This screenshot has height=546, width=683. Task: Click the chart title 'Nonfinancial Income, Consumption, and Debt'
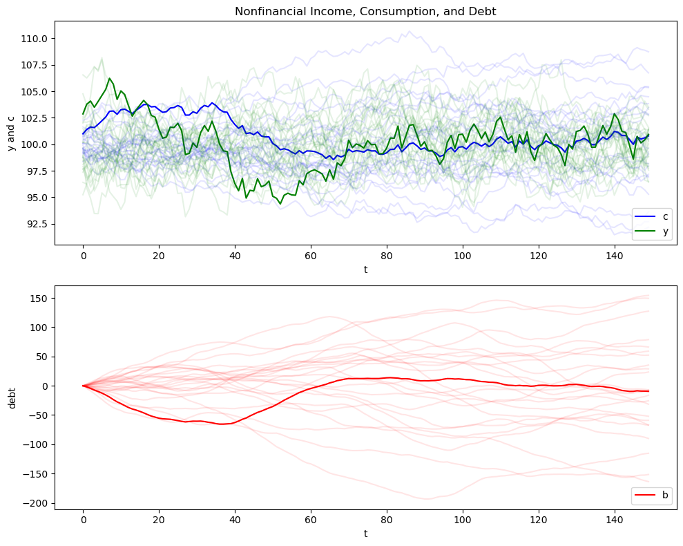coord(365,11)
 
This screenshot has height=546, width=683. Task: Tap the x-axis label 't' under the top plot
coord(365,270)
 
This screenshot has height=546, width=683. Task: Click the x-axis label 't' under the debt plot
coord(365,535)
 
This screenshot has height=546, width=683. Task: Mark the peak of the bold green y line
coord(110,78)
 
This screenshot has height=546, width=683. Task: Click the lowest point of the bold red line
coord(222,424)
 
